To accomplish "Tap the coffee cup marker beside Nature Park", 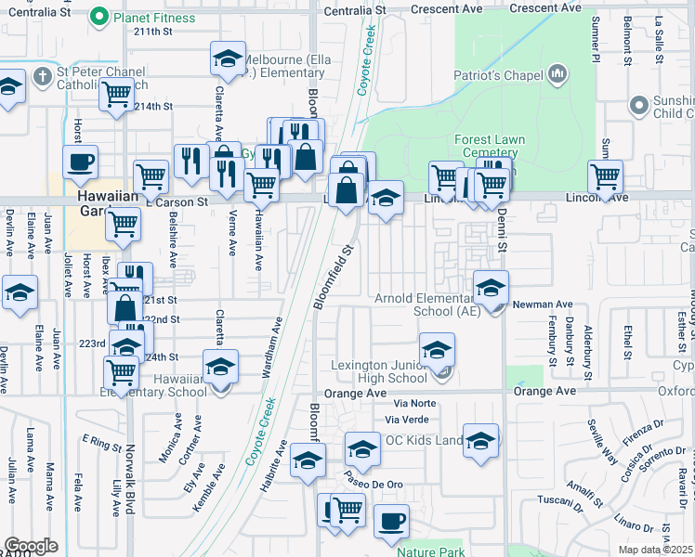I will coord(391,522).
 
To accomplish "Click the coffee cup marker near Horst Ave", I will coord(81,162).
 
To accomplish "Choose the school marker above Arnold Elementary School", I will coord(491,288).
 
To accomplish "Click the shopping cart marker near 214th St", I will coord(117,93).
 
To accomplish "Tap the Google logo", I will coord(32,546).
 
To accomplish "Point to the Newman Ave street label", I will coord(544,304).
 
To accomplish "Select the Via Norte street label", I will coord(413,404).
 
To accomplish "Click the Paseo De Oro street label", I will coord(373,485).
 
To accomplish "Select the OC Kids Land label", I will coord(424,439).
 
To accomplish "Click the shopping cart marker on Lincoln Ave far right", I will coord(605,175).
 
